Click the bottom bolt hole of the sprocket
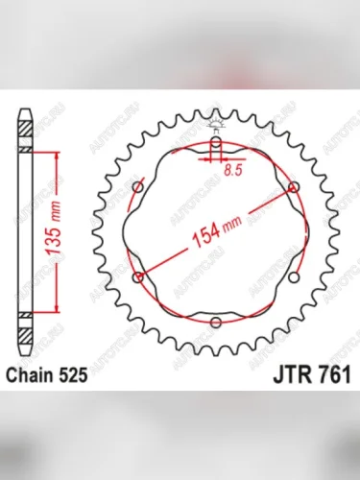pyautogui.click(x=217, y=322)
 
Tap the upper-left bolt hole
pyautogui.click(x=140, y=188)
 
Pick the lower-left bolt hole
pyautogui.click(x=140, y=277)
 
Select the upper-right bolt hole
pyautogui.click(x=294, y=188)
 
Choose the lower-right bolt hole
pyautogui.click(x=294, y=277)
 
